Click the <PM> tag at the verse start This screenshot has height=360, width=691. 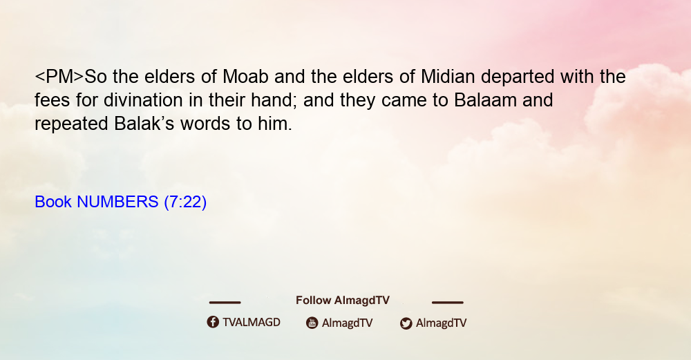59,77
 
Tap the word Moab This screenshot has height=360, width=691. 245,77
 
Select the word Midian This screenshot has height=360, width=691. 448,77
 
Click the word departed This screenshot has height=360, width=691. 518,77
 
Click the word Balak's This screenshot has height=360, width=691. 144,124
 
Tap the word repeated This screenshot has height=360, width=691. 71,124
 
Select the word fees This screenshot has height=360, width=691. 52,100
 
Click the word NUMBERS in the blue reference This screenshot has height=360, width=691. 117,202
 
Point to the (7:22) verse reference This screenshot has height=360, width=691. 185,202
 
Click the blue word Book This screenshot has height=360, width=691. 53,202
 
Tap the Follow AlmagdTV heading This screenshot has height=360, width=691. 343,301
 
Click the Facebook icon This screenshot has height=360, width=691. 213,322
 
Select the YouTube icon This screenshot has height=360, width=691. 312,323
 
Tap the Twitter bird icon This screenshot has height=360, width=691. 406,323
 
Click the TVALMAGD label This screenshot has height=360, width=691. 252,323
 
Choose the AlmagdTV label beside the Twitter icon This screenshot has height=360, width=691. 441,323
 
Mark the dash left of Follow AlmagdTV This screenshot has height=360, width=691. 225,302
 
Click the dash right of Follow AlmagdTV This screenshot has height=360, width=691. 448,302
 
